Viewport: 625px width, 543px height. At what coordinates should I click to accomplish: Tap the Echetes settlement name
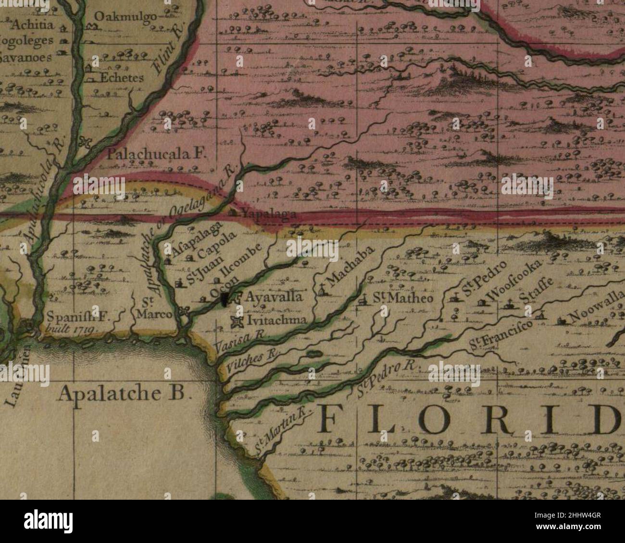pyautogui.click(x=121, y=78)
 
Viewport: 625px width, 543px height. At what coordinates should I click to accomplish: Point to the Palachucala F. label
pyautogui.click(x=157, y=154)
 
